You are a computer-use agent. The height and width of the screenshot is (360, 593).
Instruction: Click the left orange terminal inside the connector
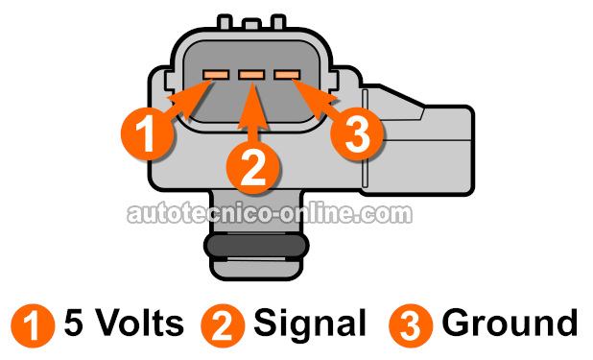[x=215, y=73]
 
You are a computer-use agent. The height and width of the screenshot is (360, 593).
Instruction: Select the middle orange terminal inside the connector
[x=251, y=73]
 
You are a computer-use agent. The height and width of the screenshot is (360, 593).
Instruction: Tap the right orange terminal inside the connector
[x=287, y=73]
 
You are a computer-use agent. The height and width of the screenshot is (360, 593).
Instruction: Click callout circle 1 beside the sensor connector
[x=146, y=130]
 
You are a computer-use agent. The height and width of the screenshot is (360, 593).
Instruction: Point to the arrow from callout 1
[x=187, y=93]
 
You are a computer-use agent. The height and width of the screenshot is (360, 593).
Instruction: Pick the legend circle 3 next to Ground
[x=409, y=324]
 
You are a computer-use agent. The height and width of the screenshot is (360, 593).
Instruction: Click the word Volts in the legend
[x=136, y=324]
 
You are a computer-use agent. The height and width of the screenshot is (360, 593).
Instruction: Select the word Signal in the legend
[x=310, y=324]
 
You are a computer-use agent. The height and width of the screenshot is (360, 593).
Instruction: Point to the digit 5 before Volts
[x=72, y=324]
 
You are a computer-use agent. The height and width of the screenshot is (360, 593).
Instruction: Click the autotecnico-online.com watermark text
[x=270, y=213]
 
